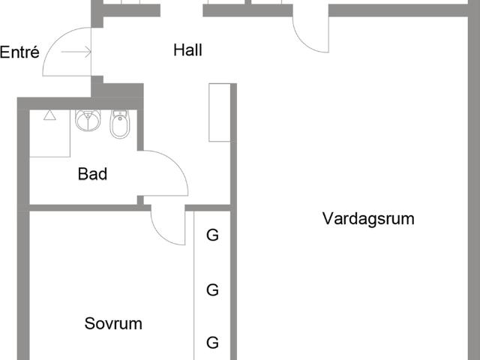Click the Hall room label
click(x=188, y=51)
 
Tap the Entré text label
click(x=19, y=52)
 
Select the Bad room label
click(x=93, y=175)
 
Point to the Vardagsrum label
click(x=368, y=219)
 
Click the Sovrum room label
click(x=113, y=324)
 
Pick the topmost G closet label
click(x=212, y=235)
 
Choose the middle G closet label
click(x=212, y=289)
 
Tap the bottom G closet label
click(x=212, y=343)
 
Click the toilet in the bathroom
click(x=119, y=125)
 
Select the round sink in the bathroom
click(x=88, y=121)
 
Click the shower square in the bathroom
click(x=50, y=133)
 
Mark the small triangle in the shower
click(x=49, y=115)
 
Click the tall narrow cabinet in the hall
click(x=220, y=112)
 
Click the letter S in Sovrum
click(x=89, y=324)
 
